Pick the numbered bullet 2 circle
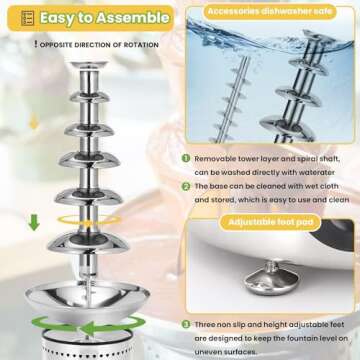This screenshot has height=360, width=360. click(186, 187)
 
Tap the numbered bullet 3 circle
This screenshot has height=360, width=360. click(186, 325)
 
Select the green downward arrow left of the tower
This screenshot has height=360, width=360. click(35, 222)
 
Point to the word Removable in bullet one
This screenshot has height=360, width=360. click(218, 158)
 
